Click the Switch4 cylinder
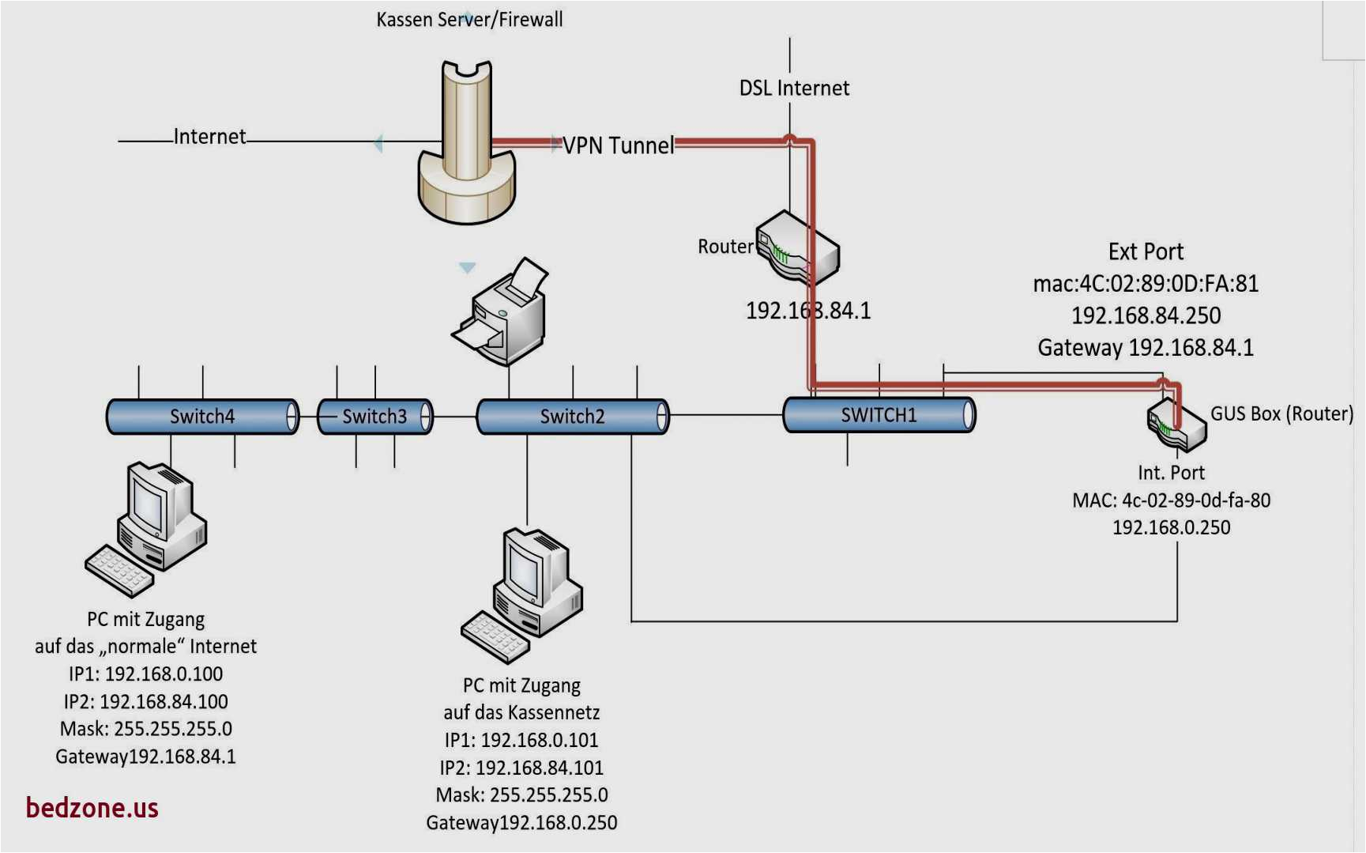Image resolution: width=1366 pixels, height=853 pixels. [x=202, y=417]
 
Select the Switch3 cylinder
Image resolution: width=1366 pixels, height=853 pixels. [x=374, y=417]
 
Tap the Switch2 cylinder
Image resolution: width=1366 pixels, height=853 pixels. [x=572, y=417]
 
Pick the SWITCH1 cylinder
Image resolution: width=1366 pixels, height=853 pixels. [x=879, y=415]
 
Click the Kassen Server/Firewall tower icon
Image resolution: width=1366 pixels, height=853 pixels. [x=467, y=146]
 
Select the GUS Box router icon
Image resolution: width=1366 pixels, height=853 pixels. [x=1176, y=424]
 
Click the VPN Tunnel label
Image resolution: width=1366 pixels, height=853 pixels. [x=619, y=145]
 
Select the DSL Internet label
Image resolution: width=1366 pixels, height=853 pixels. [x=794, y=88]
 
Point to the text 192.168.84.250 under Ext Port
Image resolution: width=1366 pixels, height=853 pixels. [x=1146, y=315]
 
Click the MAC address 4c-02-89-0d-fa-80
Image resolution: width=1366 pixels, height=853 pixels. [x=1171, y=500]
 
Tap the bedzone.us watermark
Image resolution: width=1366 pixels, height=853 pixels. [x=92, y=808]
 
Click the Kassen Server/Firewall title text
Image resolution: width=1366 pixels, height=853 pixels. [x=469, y=19]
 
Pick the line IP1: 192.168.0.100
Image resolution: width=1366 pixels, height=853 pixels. [x=145, y=674]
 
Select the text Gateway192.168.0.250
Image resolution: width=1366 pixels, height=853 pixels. [x=521, y=823]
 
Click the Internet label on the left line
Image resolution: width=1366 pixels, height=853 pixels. [x=209, y=137]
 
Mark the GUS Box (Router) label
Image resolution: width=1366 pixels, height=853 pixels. [x=1281, y=413]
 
